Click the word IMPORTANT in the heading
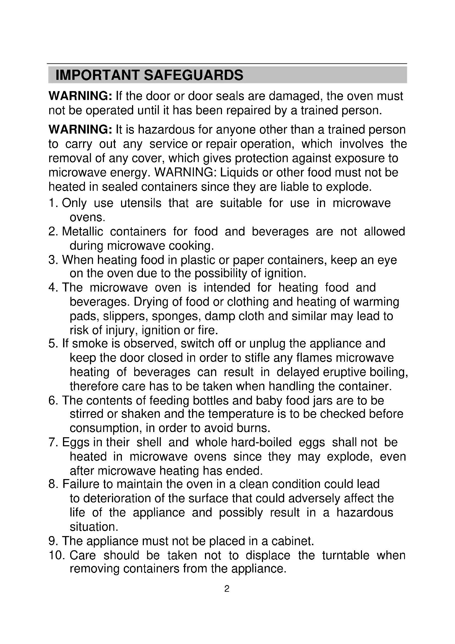(97, 75)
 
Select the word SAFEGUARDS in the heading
(194, 75)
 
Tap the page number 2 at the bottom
(227, 588)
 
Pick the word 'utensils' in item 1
(141, 203)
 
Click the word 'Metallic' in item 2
(82, 232)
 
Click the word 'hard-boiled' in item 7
(261, 442)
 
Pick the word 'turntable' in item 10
(346, 555)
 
